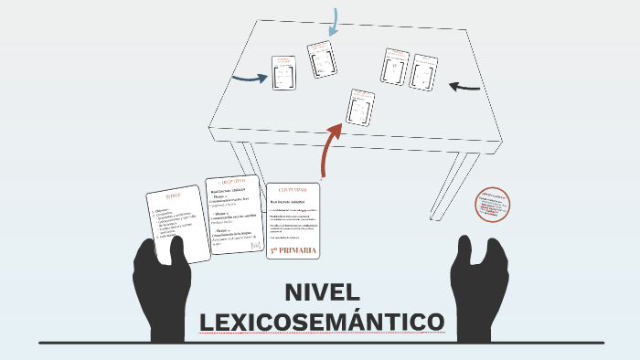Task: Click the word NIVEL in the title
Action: point(323,294)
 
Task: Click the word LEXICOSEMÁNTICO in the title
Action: point(322,323)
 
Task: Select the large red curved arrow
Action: point(329,146)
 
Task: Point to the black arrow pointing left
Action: point(464,88)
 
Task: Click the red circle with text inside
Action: point(493,206)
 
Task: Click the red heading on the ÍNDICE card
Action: point(174,196)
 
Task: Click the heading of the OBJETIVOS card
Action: point(232,182)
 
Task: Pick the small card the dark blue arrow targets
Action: point(283,73)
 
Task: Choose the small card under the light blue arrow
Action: point(321,58)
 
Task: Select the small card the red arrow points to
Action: point(360,107)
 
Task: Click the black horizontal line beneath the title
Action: point(320,343)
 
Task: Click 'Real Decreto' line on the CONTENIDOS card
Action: point(287,200)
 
